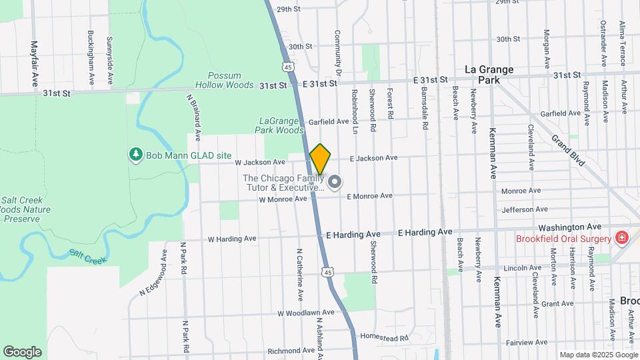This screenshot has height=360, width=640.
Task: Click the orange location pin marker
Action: click(x=320, y=159)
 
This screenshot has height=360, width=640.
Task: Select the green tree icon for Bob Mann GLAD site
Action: click(x=136, y=155)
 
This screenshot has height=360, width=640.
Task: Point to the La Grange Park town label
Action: click(x=489, y=74)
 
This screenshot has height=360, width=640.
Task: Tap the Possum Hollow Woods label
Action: click(x=225, y=80)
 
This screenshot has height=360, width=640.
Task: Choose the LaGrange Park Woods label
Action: click(x=281, y=125)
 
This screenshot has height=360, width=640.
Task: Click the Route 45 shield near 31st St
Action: click(x=287, y=67)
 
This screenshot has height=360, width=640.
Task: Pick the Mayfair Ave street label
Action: click(x=34, y=63)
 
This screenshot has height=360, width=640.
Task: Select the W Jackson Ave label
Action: click(x=260, y=162)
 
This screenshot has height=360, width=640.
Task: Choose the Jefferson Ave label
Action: click(x=524, y=209)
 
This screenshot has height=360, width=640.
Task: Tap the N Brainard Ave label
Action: click(x=194, y=117)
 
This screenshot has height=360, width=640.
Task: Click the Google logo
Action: click(x=22, y=352)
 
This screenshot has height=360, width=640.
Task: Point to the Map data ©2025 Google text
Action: click(x=598, y=355)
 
